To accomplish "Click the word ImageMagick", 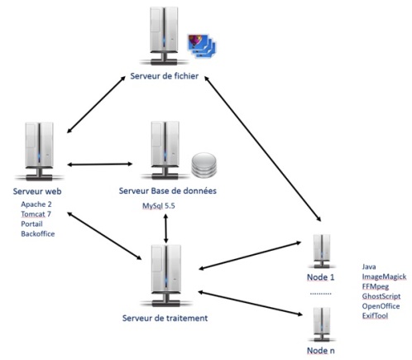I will [x=384, y=276].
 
